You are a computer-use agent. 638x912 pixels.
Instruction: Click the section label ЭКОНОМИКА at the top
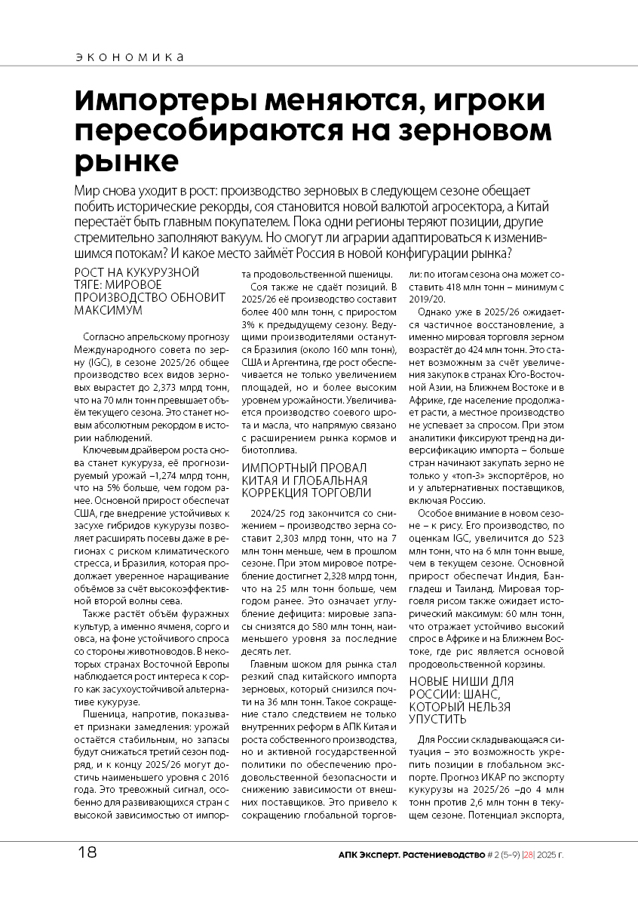coord(130,57)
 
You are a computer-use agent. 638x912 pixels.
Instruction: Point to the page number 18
coord(87,852)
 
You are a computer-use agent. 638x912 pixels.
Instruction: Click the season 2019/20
coord(427,299)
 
